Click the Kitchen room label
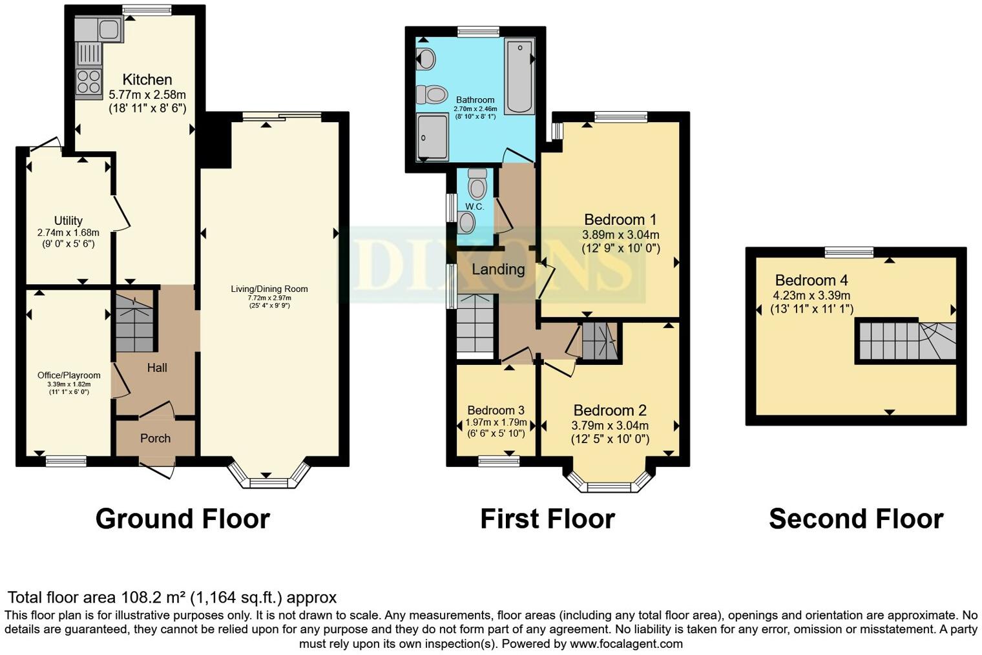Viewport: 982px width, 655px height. coord(147,80)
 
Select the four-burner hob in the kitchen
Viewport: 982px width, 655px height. coord(89,83)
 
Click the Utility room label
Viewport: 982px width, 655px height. coord(68,221)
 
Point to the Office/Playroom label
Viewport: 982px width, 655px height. coord(68,375)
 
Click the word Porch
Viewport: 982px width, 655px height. coord(156,439)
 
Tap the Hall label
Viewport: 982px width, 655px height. coord(157,368)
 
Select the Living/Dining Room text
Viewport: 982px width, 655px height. coord(269,289)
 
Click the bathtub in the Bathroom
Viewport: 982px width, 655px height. coord(519,76)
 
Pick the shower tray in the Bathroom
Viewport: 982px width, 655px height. coord(432,136)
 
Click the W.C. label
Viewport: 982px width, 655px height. coord(475,207)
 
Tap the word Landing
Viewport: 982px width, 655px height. coord(498,269)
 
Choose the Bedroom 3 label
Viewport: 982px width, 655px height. coord(496,410)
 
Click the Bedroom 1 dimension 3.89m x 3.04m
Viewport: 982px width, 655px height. coord(621,235)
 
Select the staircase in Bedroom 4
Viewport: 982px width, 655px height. coord(906,341)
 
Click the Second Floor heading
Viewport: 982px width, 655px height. coord(855,519)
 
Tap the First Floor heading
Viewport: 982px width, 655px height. coord(547,519)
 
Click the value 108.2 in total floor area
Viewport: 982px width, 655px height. coord(140,598)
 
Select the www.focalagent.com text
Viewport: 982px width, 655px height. coord(626,644)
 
